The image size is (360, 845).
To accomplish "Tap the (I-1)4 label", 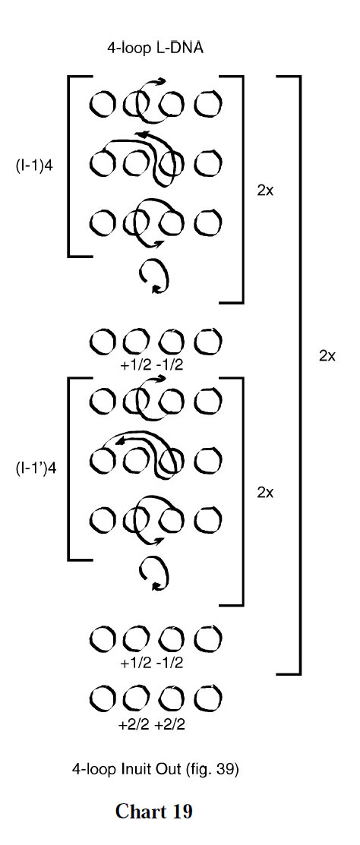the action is pyautogui.click(x=35, y=164).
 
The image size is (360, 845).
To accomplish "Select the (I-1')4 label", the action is pyautogui.click(x=36, y=468).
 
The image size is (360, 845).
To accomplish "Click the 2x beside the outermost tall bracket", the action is pyautogui.click(x=327, y=355).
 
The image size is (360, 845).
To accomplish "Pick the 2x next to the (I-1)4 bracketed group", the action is pyautogui.click(x=265, y=190).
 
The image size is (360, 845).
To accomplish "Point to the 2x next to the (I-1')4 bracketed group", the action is pyautogui.click(x=265, y=492).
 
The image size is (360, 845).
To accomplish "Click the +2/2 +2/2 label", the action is pyautogui.click(x=151, y=725).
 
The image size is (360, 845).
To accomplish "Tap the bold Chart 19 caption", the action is pyautogui.click(x=154, y=811).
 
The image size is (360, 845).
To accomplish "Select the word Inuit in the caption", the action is pyautogui.click(x=137, y=769).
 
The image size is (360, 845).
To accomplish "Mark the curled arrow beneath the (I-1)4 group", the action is pyautogui.click(x=154, y=277).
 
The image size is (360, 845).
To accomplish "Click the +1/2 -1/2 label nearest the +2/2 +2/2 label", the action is pyautogui.click(x=151, y=662).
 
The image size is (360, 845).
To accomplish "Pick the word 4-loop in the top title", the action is pyautogui.click(x=127, y=48).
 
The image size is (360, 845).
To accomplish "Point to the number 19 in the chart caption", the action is pyautogui.click(x=181, y=811).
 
